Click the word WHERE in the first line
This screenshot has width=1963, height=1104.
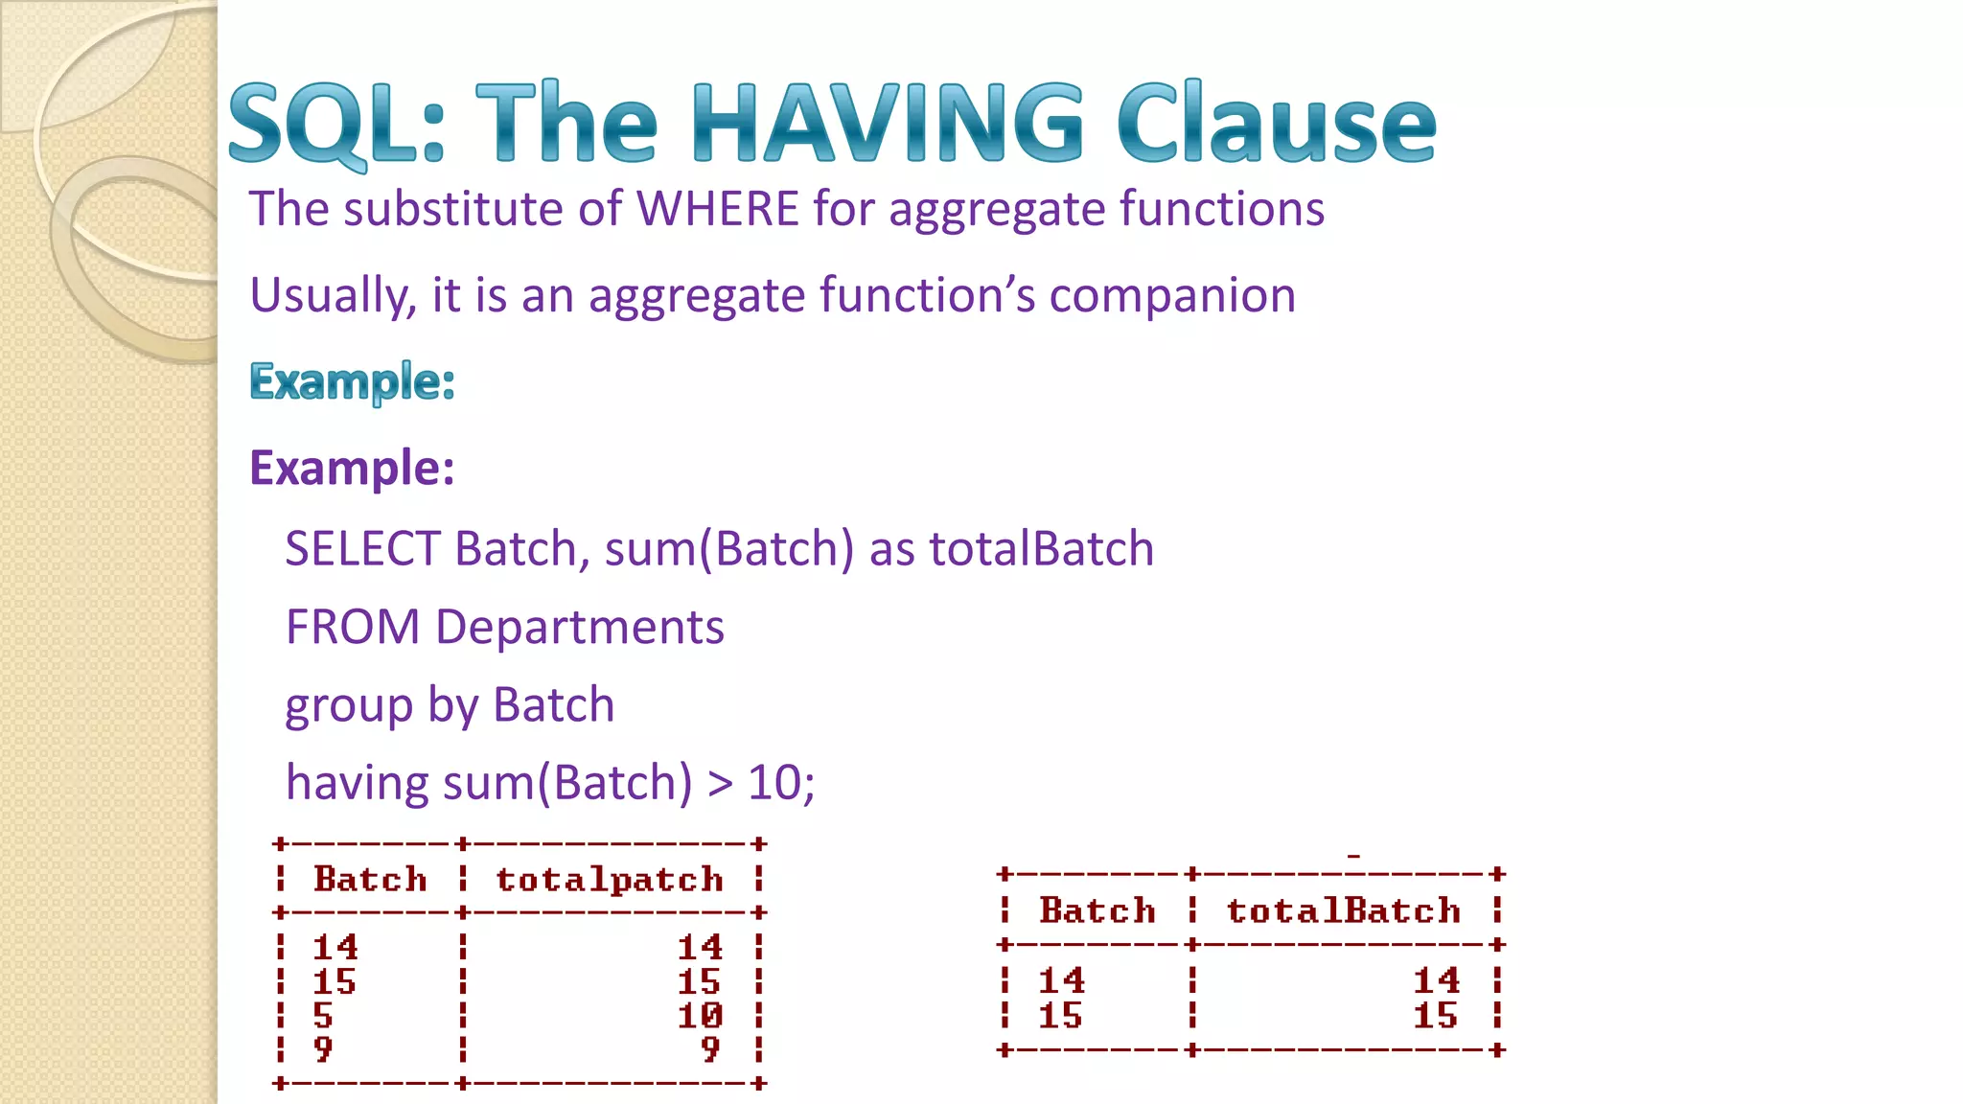[718, 209]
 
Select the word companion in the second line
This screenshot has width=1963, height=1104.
[1172, 295]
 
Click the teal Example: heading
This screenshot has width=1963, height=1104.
[352, 381]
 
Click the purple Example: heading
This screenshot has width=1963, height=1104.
[352, 468]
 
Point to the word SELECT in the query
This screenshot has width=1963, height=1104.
[362, 549]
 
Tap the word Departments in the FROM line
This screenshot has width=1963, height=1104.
[579, 628]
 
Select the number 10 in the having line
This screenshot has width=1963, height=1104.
[774, 783]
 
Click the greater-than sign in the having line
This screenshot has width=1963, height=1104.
[720, 784]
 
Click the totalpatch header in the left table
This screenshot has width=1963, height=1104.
[610, 880]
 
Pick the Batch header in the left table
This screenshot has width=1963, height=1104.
[370, 880]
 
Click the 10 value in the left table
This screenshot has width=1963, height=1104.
[700, 1015]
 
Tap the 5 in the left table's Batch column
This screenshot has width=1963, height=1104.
[323, 1015]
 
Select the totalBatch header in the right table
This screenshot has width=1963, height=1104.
[1343, 910]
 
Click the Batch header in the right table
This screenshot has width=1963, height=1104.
[1097, 910]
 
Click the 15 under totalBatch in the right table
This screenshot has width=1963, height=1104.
[1435, 1016]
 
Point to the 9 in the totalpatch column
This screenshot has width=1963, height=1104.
[709, 1049]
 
